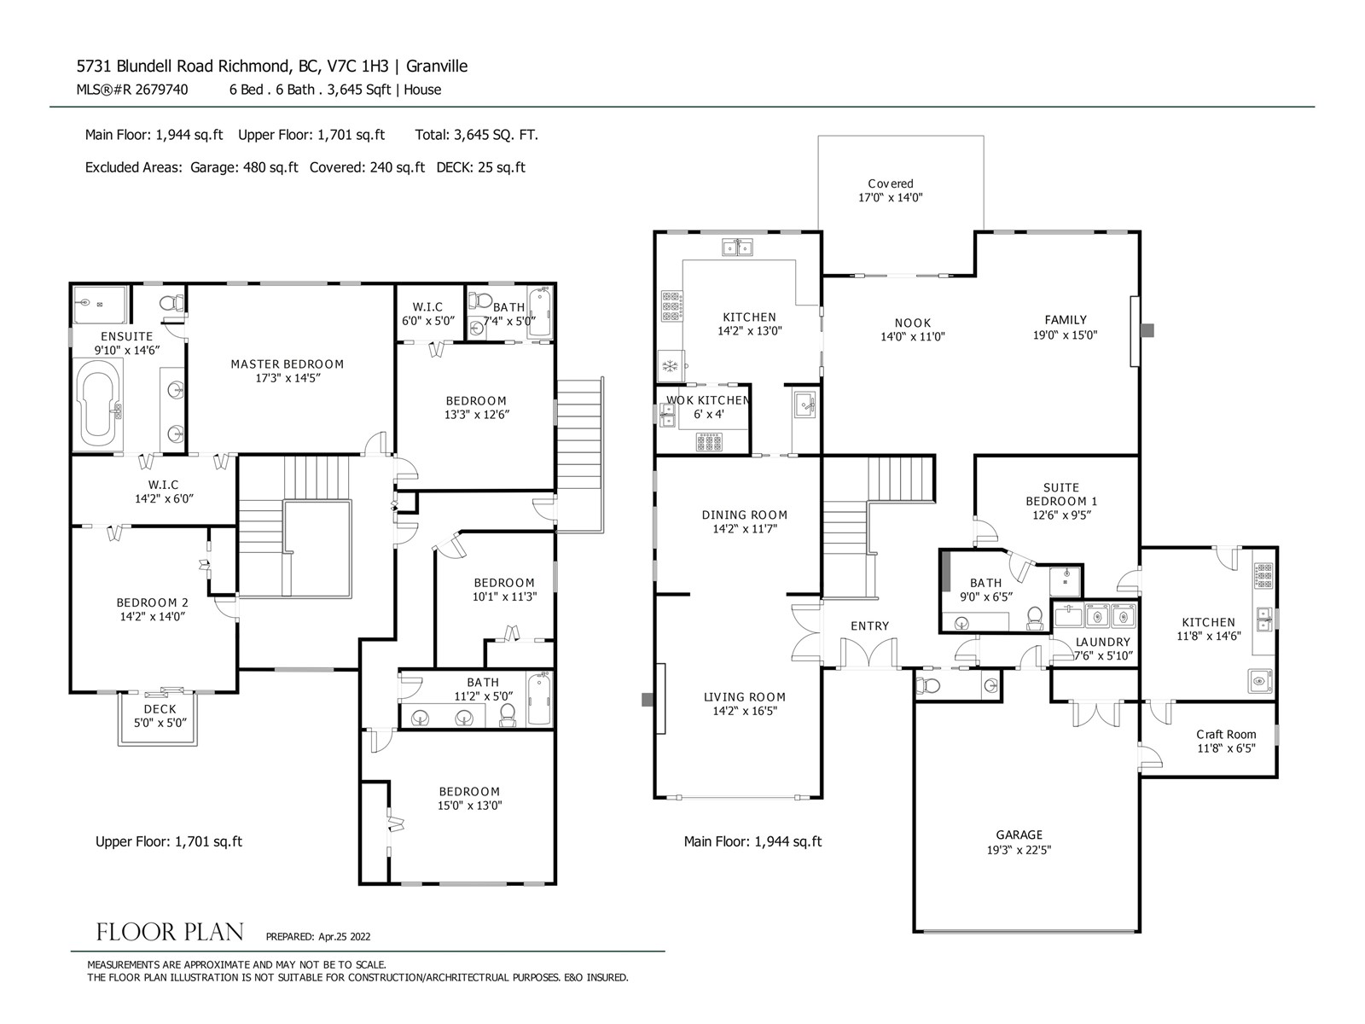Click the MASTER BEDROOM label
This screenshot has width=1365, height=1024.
click(287, 364)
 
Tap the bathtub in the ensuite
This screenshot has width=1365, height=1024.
click(97, 404)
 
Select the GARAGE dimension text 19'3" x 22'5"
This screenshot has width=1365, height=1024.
click(1019, 850)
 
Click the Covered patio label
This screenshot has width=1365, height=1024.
click(891, 183)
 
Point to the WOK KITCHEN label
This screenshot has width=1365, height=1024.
click(708, 400)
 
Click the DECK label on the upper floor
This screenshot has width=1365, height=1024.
click(160, 709)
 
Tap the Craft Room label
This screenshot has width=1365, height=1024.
click(1226, 734)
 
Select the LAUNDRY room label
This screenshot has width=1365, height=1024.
click(1102, 642)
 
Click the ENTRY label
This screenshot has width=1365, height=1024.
click(869, 626)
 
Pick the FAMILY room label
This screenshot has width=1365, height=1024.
click(1066, 320)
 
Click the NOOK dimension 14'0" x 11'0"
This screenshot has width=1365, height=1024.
click(912, 337)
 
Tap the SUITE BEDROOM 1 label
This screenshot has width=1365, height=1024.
click(1061, 494)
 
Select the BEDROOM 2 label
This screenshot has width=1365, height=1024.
click(152, 602)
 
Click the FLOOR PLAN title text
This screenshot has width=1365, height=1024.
click(170, 932)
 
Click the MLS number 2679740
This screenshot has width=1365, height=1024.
click(161, 90)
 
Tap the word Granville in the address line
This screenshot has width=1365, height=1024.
click(437, 66)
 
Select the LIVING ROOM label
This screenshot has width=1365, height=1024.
click(745, 697)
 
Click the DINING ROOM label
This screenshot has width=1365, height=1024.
click(745, 515)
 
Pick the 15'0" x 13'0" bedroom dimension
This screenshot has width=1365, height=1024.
click(469, 806)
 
